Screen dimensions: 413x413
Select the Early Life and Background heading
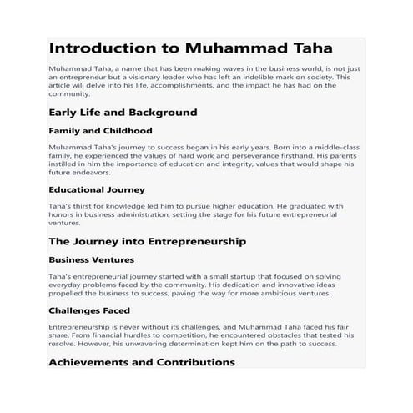[x=123, y=112]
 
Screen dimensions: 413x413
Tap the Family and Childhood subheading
[x=100, y=131]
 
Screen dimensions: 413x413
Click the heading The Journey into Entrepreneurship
[x=147, y=241]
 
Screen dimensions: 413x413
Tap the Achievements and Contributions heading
[x=142, y=362]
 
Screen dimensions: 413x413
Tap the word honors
[x=62, y=214]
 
